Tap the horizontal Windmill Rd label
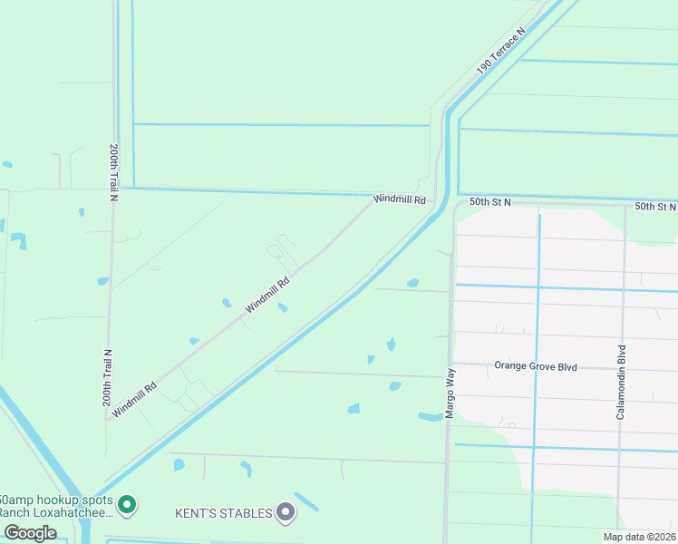(399, 199)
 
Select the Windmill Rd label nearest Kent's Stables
(134, 399)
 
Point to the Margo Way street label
(450, 393)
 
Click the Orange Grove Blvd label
(536, 366)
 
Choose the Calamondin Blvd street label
(622, 381)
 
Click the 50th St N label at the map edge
(655, 207)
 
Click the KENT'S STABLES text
(223, 513)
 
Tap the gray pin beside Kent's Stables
(286, 513)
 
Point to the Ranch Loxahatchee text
(56, 512)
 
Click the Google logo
(30, 533)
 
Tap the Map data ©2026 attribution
(639, 537)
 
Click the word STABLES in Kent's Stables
(245, 513)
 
